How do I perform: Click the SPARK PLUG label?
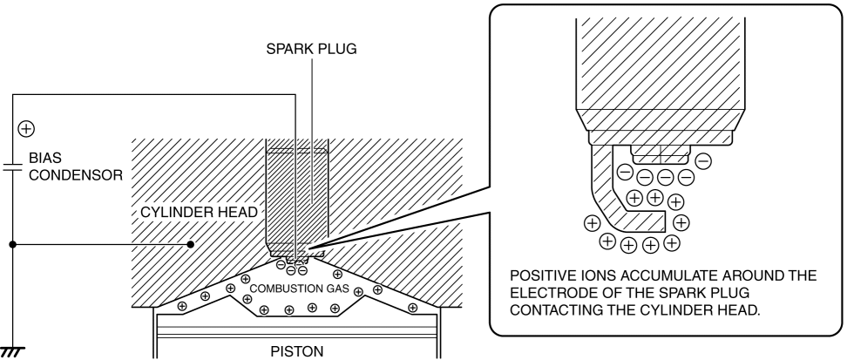312,49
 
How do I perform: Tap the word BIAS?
45,158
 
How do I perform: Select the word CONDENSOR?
76,175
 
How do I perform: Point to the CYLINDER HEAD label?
200,213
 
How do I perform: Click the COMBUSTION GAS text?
300,289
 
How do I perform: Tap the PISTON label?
297,351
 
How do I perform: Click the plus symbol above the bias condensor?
26,129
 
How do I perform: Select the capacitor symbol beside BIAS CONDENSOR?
12,166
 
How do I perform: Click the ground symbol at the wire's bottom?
12,352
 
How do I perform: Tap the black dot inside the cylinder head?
190,244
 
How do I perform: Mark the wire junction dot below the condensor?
12,244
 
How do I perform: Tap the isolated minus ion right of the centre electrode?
702,160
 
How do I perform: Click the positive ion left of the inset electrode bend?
593,222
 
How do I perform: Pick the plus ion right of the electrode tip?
681,222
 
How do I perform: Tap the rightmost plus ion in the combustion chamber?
413,308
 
